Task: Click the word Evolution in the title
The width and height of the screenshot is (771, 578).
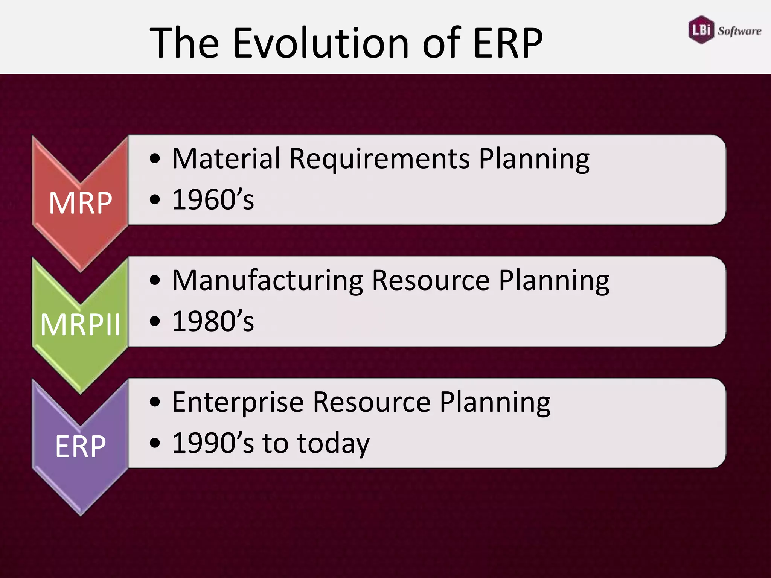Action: [321, 43]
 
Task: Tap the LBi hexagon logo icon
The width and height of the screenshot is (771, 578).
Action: [701, 30]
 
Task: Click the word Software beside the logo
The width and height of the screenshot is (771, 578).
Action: [739, 31]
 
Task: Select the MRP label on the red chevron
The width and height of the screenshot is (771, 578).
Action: [80, 203]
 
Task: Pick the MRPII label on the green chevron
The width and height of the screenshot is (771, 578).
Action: [80, 325]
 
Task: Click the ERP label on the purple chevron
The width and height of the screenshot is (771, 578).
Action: [80, 446]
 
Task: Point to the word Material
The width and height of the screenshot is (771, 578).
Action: [226, 158]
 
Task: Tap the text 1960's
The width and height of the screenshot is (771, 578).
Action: [213, 199]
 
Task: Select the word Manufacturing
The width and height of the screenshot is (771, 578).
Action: [267, 281]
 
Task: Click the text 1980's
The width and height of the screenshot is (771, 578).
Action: [213, 321]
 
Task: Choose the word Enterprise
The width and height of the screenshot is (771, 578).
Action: [238, 403]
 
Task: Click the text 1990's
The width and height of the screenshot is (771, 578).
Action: [213, 443]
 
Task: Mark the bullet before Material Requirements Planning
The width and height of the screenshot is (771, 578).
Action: [155, 158]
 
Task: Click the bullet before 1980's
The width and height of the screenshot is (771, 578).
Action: [155, 322]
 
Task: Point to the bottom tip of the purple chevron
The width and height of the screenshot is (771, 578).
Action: [81, 513]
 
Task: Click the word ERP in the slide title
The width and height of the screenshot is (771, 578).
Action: [508, 43]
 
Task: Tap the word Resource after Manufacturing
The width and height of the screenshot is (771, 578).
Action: [431, 281]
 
